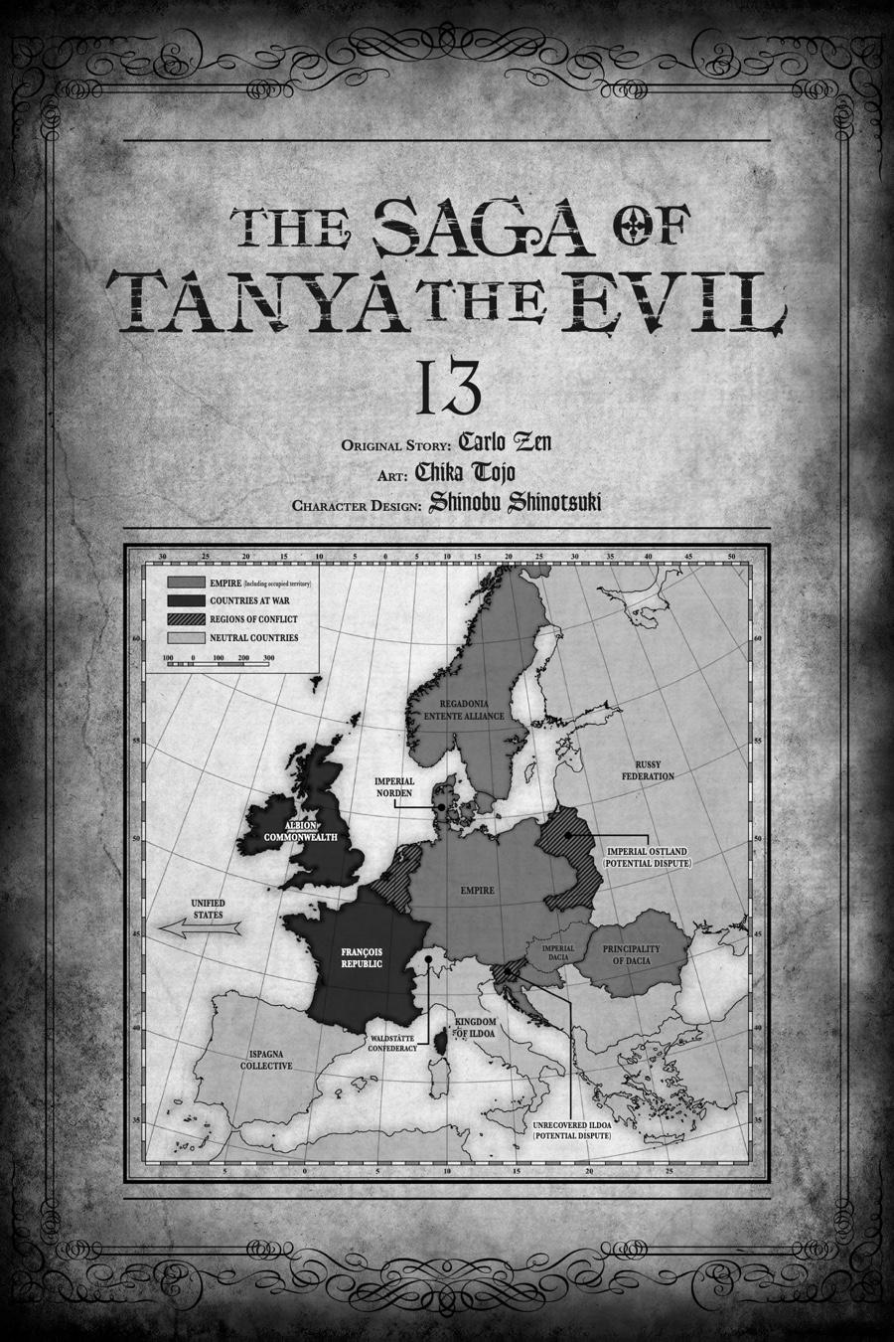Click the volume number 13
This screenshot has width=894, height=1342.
(448, 390)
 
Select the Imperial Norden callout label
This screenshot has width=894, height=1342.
(394, 786)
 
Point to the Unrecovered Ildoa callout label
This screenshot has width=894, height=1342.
(571, 1129)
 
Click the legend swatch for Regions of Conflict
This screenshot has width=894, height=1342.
(186, 619)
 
